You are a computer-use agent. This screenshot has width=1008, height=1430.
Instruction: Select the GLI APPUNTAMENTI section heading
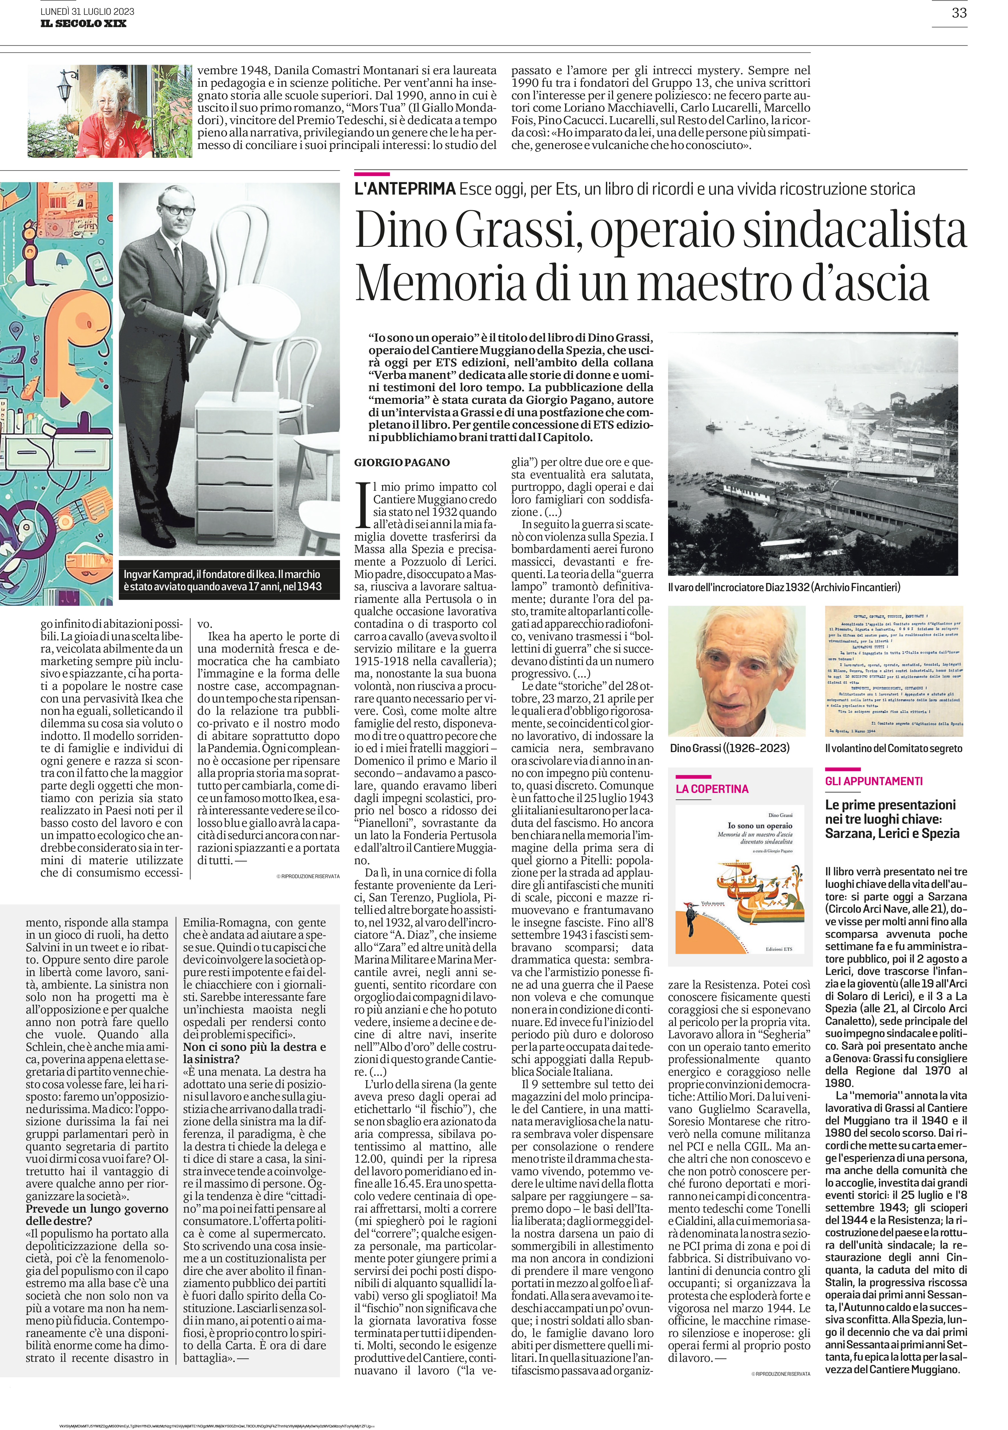click(x=865, y=781)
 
